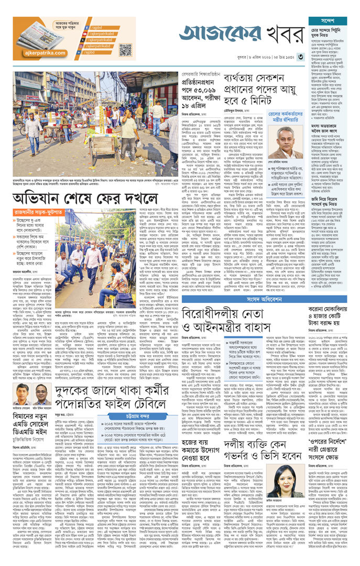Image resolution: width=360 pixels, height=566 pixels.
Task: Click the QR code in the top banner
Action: [125, 50]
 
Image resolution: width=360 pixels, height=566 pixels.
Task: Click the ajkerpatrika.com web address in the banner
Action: [44, 53]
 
